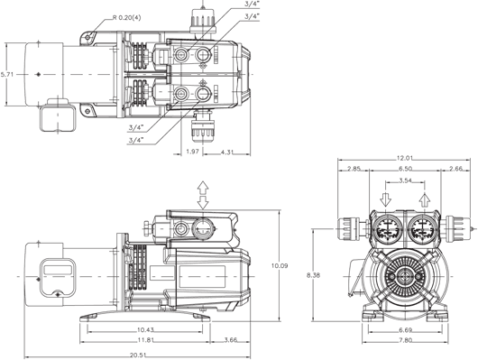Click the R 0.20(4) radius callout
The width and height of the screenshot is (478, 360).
[127, 18]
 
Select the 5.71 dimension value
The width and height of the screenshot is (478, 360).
[7, 74]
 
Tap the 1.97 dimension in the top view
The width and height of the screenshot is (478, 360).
[193, 152]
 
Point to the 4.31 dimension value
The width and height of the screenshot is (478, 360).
[227, 152]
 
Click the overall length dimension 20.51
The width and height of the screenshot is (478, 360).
[137, 355]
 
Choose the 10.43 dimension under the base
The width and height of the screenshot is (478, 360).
[145, 329]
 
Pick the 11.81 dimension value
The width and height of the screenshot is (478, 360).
[145, 339]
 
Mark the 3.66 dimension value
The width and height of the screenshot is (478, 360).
[231, 339]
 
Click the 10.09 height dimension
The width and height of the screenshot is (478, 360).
[280, 265]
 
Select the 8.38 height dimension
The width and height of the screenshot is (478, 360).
[313, 275]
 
